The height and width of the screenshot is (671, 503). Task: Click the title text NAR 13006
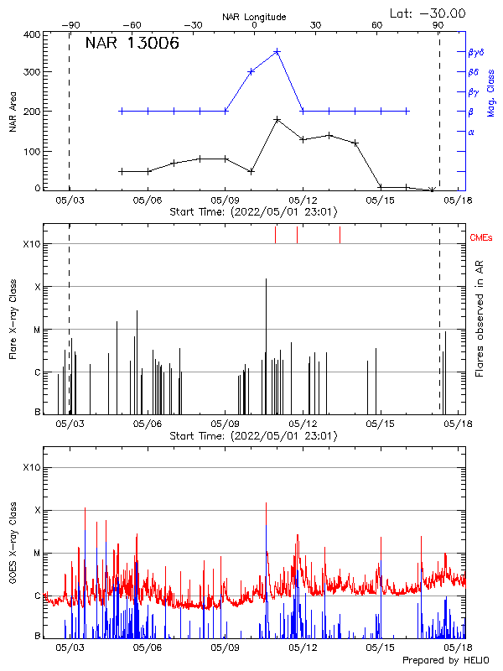[132, 44]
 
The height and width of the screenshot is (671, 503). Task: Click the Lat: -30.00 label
[428, 13]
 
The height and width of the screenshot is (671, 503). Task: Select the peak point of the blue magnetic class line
[277, 52]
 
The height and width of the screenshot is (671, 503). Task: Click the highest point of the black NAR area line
[277, 120]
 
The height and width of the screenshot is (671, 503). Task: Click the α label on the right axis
[471, 132]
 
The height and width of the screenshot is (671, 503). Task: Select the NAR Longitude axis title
[254, 17]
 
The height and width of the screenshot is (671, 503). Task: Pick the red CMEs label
[481, 238]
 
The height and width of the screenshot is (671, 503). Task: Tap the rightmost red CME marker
[340, 235]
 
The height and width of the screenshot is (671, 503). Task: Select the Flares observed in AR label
[480, 319]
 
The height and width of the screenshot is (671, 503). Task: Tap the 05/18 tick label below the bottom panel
[458, 648]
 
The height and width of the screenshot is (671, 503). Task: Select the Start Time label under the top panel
[253, 212]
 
